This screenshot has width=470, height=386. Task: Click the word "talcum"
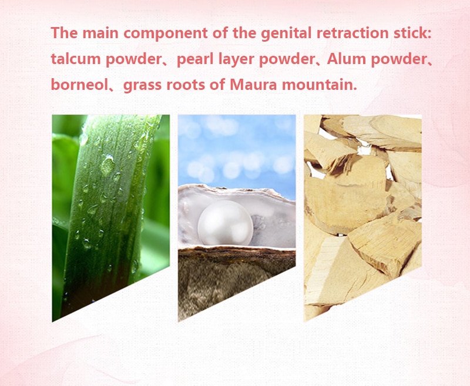click(75, 59)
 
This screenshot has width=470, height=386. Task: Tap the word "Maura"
click(253, 85)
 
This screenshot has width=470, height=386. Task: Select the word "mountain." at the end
click(320, 85)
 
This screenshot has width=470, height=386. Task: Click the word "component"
click(166, 33)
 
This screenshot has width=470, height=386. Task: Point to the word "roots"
click(185, 85)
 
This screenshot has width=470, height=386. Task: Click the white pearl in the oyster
click(226, 223)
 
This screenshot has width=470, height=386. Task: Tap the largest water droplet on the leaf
click(108, 165)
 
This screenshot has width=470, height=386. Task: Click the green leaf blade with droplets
click(108, 210)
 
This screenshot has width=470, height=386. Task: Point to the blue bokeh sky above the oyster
click(237, 150)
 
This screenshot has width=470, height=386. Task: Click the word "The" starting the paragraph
click(64, 33)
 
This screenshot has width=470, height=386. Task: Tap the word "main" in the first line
click(100, 33)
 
